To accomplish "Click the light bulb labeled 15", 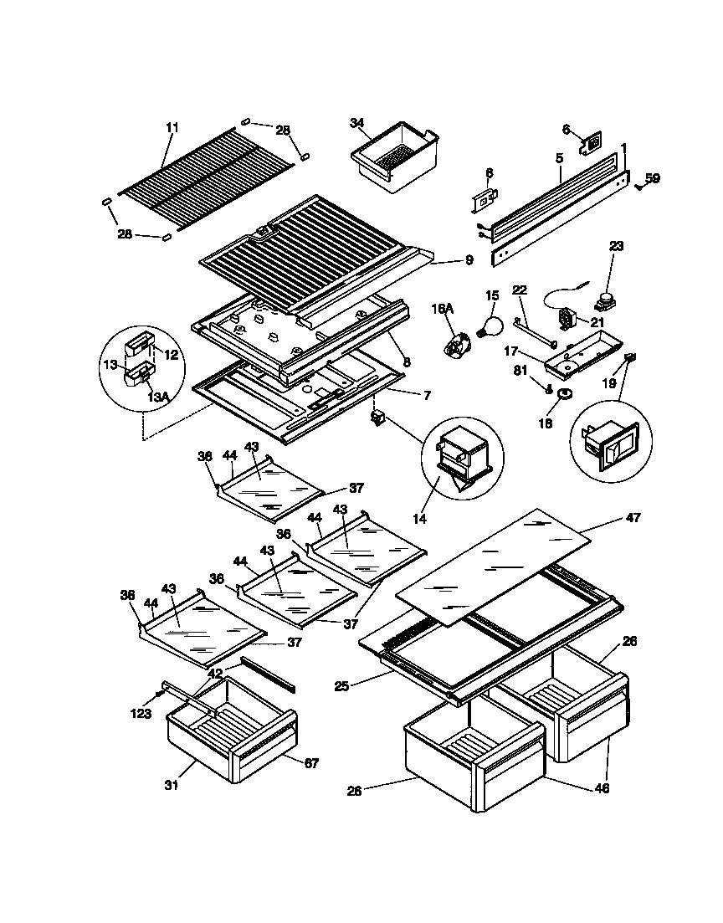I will coord(490,322).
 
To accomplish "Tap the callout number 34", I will coord(358,123).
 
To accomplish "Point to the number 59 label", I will coord(653,177).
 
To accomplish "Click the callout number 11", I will coord(172,127).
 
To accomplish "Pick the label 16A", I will coord(443,309).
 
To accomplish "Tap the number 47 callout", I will coord(633,518).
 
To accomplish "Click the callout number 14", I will coord(419,519).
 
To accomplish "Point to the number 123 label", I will coord(141,714).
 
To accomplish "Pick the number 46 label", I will coord(601,787).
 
